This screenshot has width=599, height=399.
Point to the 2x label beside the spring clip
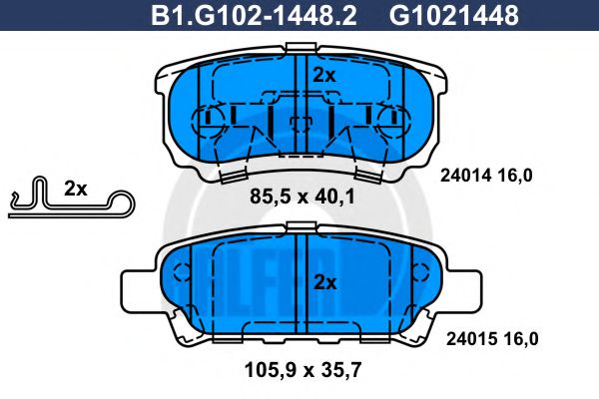coord(75,189)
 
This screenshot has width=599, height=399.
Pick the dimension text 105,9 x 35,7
coord(301,372)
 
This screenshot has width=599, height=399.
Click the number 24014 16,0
coord(486,176)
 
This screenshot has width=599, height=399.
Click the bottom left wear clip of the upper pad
coord(233,176)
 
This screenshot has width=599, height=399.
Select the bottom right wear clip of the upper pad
coord(368,176)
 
